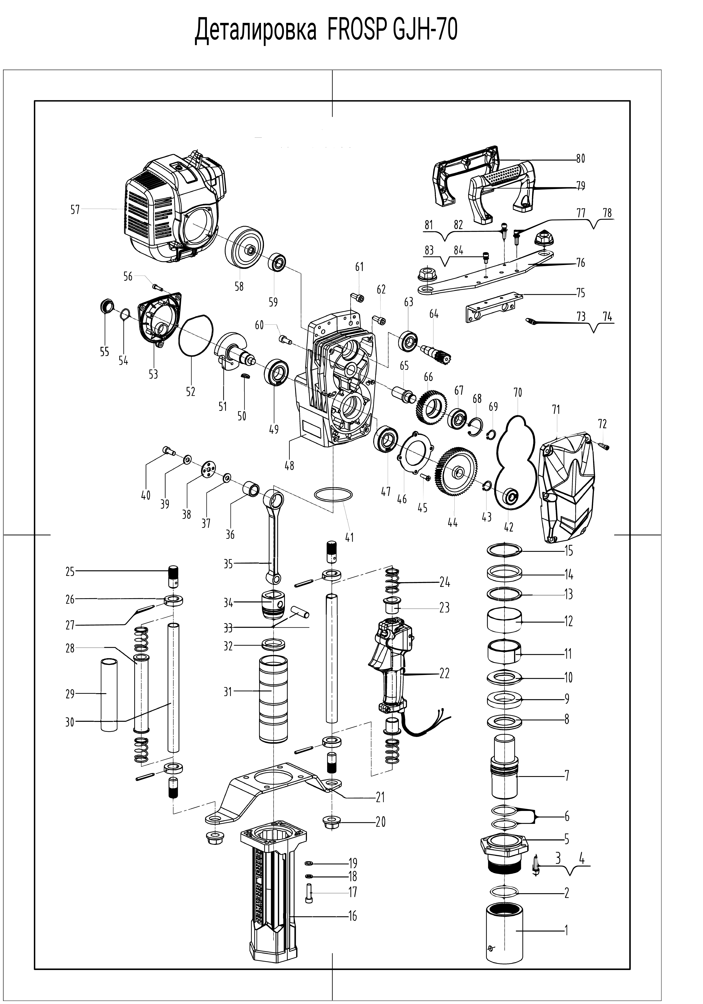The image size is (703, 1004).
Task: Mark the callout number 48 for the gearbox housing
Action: pyautogui.click(x=289, y=465)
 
